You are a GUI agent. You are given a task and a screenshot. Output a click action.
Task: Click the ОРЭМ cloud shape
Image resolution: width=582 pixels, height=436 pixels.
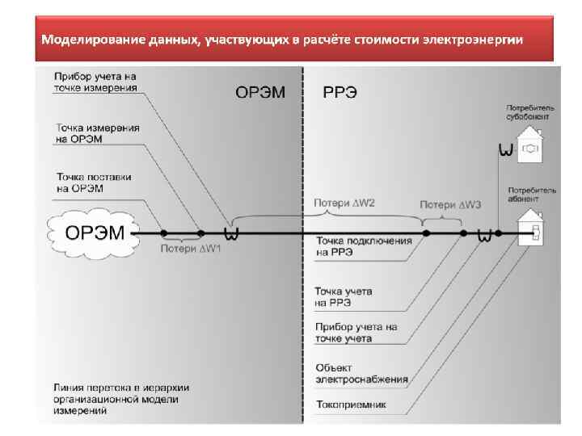click(x=94, y=233)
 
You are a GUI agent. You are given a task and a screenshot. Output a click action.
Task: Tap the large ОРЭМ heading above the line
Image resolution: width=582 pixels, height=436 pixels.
click(x=260, y=92)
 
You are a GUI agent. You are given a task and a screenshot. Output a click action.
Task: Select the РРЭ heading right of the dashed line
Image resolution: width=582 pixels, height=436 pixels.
click(x=341, y=92)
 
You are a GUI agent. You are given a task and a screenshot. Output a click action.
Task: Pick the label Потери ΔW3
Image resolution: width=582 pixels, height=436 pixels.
click(x=450, y=205)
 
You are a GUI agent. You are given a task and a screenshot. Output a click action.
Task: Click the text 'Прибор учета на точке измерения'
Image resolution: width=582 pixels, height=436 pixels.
click(x=95, y=82)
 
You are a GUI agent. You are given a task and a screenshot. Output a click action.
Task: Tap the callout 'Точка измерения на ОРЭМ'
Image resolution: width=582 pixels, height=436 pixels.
click(x=98, y=133)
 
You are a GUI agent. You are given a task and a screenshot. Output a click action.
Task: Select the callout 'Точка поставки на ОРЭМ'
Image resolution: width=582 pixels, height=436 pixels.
click(x=94, y=182)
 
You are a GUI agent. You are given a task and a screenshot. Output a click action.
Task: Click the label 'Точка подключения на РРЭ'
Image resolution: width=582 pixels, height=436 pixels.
click(x=364, y=245)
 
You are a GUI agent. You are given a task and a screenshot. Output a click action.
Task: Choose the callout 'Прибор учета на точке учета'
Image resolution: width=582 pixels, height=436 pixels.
click(x=356, y=333)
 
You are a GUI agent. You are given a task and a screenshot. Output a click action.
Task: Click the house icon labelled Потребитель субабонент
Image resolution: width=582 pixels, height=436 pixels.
click(x=531, y=145)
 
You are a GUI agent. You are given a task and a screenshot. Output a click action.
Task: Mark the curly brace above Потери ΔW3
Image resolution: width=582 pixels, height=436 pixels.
click(x=442, y=218)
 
